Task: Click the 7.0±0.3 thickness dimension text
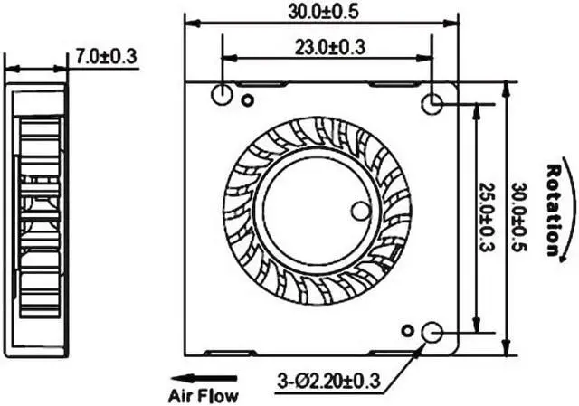point(105,56)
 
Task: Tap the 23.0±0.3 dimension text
point(327,48)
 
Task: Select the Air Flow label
point(203,395)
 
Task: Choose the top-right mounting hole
point(433,104)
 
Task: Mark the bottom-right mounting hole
point(432,334)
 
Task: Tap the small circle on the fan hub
point(359,211)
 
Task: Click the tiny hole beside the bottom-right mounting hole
point(407,328)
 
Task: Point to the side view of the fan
point(36,217)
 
